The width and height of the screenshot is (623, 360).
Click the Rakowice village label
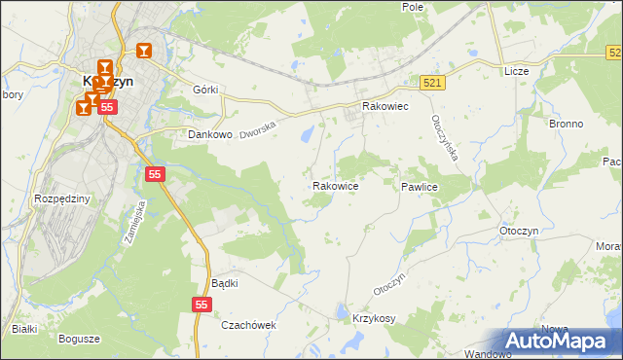click(x=336, y=185)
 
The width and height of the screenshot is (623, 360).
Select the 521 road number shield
click(x=433, y=83)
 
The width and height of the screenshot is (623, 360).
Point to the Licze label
click(x=516, y=72)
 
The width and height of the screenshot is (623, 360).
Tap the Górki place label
click(x=206, y=90)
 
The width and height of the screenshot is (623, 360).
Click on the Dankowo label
click(x=209, y=135)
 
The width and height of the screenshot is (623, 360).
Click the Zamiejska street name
click(x=134, y=221)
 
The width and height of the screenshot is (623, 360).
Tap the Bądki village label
click(x=225, y=283)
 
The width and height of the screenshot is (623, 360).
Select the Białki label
click(x=24, y=329)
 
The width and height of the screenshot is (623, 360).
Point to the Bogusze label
click(x=79, y=339)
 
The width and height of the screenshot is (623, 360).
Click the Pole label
click(x=413, y=6)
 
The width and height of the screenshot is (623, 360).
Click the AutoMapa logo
click(x=561, y=342)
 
